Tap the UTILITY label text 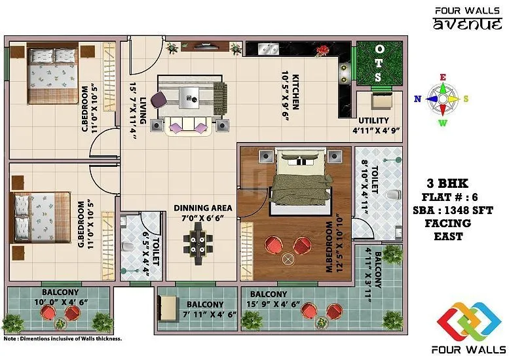coord(373,120)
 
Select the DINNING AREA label coord(202,208)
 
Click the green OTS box coord(378,63)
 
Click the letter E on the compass coord(443,77)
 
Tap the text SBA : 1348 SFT coord(457,210)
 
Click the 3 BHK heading coord(456,183)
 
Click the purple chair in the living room coord(159,99)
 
